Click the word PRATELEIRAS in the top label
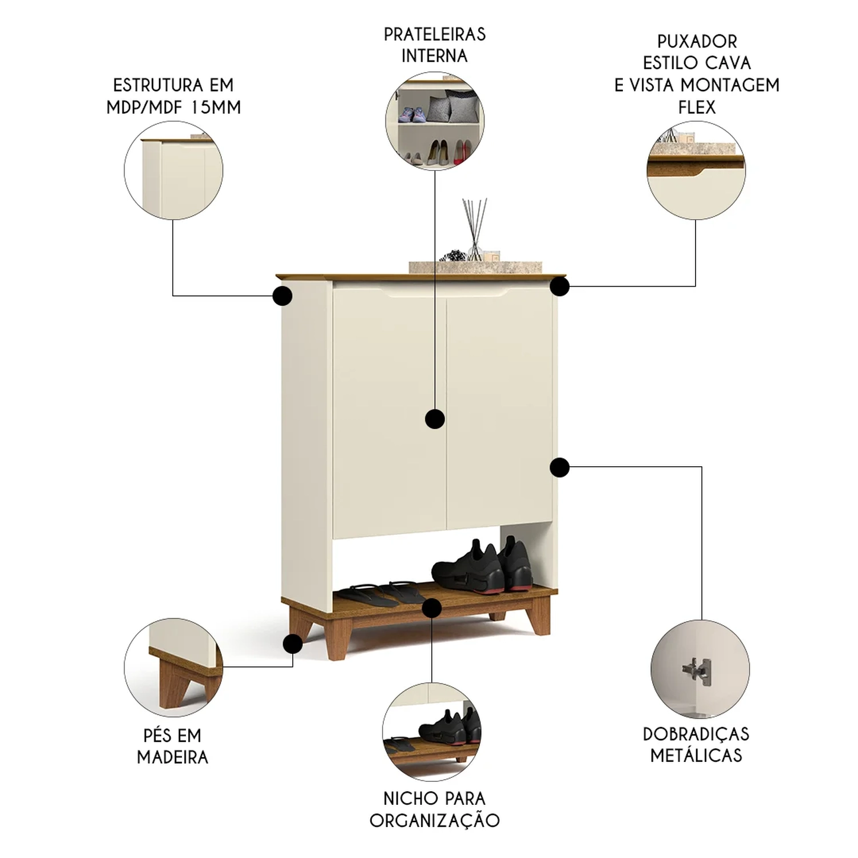click(x=435, y=34)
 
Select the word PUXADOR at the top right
click(x=697, y=41)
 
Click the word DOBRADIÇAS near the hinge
click(x=696, y=734)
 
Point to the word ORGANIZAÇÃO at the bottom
click(x=435, y=820)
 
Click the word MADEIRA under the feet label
click(x=173, y=757)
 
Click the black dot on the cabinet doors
click(x=435, y=419)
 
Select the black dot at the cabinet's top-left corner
click(x=283, y=296)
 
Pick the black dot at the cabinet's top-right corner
click(x=561, y=286)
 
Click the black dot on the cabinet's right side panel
click(x=559, y=467)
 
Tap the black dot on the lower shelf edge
click(x=432, y=607)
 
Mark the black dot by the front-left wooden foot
click(x=293, y=643)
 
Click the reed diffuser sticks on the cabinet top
click(x=475, y=226)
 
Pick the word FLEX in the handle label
click(x=697, y=107)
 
